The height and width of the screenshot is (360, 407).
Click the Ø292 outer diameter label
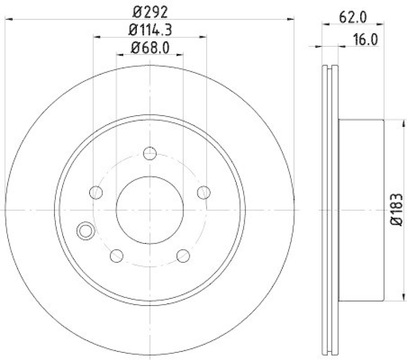(x=150, y=10)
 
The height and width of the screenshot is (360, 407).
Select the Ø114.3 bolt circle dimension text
(x=150, y=30)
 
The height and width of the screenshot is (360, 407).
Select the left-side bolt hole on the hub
(x=96, y=192)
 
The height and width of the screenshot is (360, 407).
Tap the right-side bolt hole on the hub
(x=203, y=192)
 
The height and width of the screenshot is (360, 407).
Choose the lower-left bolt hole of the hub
(x=117, y=255)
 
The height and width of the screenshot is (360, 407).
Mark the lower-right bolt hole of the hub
(x=183, y=255)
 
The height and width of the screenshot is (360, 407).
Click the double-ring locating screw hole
(x=84, y=231)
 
